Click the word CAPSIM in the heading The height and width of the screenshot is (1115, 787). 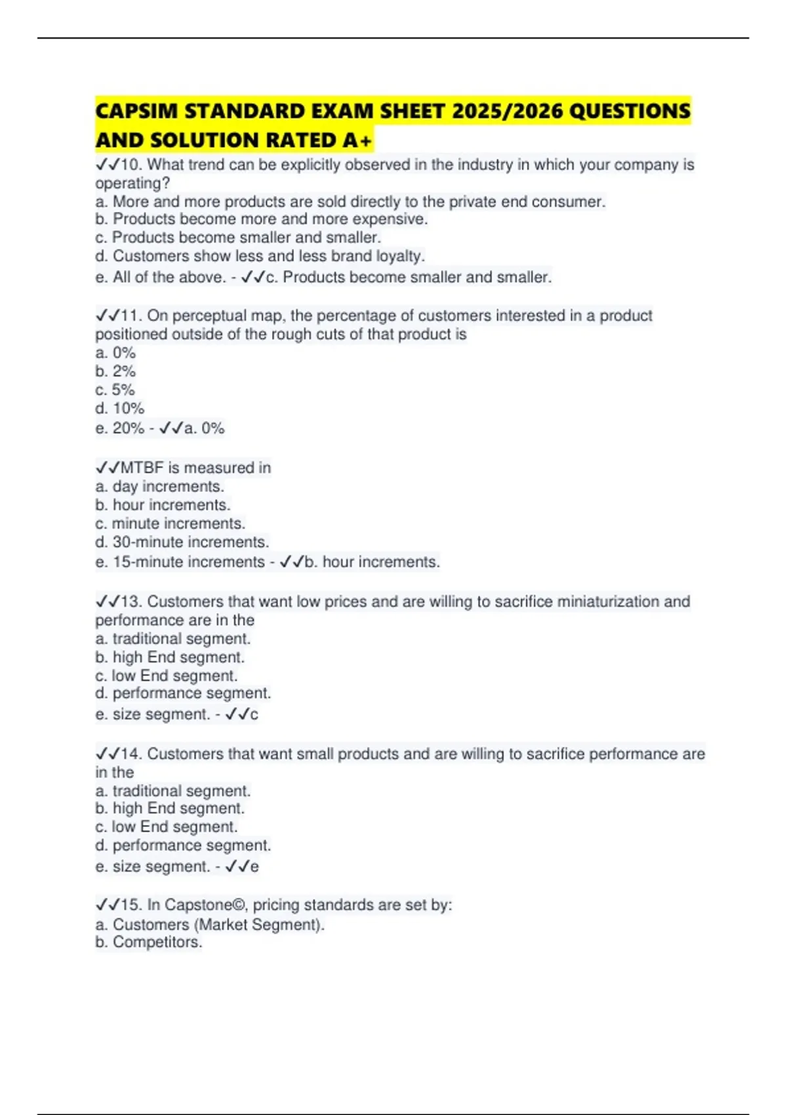tap(136, 111)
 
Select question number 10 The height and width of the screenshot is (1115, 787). tap(131, 165)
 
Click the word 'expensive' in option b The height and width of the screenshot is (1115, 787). tap(391, 219)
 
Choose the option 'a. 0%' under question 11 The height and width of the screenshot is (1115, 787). tap(115, 353)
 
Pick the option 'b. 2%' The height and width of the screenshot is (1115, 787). tap(115, 371)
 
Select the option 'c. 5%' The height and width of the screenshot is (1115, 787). tap(115, 390)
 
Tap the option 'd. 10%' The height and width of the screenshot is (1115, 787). tap(119, 408)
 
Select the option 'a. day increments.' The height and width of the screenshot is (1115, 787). tap(159, 487)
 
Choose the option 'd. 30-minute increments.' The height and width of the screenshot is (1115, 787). tap(182, 542)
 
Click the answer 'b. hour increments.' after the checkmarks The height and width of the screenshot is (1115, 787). tap(372, 562)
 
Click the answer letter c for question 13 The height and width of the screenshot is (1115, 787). tap(254, 714)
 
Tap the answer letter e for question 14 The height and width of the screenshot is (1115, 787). tap(254, 866)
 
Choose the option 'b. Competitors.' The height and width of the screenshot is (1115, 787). tap(148, 943)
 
